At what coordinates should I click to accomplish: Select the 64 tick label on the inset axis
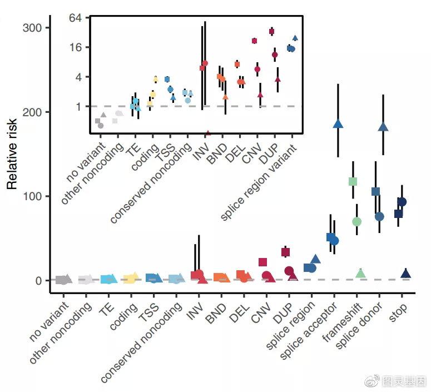coord(76,18)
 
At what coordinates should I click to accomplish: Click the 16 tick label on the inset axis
coord(76,47)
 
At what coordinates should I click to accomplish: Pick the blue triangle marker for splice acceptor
coord(338,123)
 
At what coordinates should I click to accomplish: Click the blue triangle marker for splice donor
coord(383,127)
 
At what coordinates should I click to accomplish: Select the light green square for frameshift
coord(353,181)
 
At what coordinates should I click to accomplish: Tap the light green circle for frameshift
coord(357,222)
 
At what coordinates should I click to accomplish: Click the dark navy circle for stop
coord(402,202)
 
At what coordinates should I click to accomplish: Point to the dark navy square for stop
coord(398,214)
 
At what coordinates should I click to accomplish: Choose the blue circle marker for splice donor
coord(379,216)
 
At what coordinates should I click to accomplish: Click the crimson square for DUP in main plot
coord(285,252)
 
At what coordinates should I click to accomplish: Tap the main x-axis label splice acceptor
coord(310,332)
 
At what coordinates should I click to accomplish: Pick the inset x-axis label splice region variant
coord(259,183)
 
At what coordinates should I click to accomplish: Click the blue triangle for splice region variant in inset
coord(295,38)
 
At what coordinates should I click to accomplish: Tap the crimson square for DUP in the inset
coord(271,32)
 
